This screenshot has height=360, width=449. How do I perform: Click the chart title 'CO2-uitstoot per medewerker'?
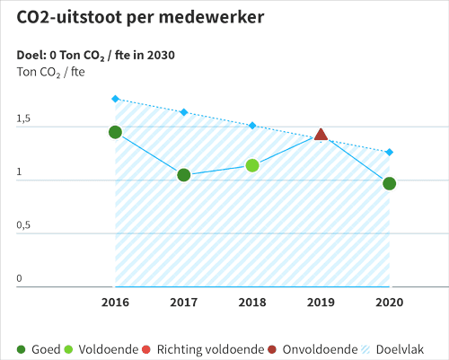141,18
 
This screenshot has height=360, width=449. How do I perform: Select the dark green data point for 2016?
115,132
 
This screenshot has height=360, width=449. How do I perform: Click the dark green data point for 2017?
184,175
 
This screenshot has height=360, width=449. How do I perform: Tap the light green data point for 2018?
252,165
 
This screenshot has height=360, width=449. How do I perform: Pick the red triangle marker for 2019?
321,136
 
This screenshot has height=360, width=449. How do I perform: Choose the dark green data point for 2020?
389,183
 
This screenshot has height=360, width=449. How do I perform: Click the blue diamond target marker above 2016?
115,99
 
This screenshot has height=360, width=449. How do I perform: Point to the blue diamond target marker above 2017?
184,112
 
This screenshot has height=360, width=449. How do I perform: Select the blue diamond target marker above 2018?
252,126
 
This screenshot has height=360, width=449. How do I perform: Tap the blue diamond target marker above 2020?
389,152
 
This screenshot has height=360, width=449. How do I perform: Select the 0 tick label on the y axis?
19,278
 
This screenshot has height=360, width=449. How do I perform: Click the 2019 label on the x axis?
321,303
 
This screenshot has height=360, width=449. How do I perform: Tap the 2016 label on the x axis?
115,303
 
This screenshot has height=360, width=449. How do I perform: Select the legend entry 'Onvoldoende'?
312,348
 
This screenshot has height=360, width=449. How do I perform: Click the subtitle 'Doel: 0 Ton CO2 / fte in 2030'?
95,56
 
